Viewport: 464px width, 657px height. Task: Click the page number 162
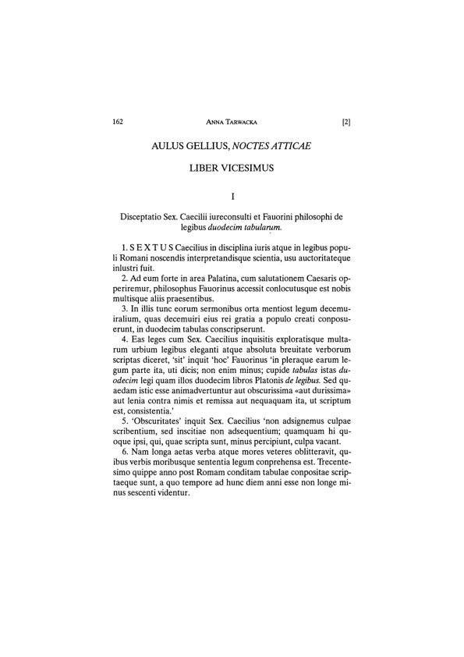click(119, 122)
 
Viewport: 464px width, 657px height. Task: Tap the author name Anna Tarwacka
click(232, 122)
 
